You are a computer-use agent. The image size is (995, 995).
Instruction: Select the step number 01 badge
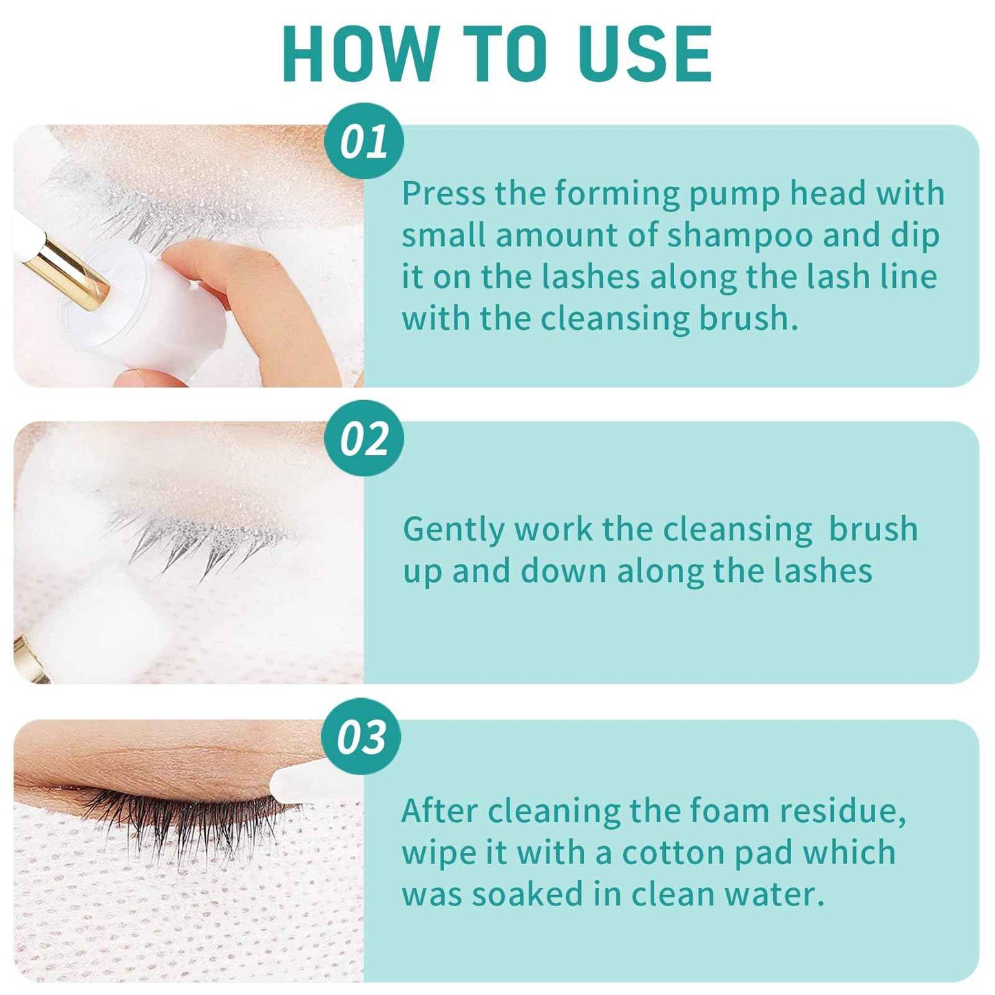(x=364, y=142)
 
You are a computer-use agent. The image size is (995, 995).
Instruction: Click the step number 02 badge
(x=364, y=439)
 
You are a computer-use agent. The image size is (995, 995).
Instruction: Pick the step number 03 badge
(x=362, y=737)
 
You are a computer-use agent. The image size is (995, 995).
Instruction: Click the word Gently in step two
(x=453, y=530)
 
